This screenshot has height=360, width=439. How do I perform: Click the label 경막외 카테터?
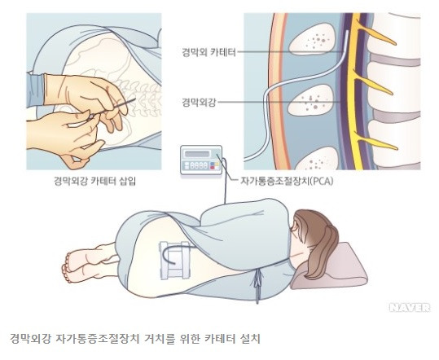209,52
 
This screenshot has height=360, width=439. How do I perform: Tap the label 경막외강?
199,103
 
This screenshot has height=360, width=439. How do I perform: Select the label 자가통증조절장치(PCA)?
287,181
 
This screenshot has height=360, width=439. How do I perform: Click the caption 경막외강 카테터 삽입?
94,181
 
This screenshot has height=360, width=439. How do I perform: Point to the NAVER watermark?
410,308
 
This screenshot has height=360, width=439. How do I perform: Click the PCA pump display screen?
197,154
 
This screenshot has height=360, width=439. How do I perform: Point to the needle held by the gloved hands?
112,109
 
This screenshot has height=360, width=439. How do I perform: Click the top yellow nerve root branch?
376,35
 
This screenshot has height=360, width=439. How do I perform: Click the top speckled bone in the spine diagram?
312,38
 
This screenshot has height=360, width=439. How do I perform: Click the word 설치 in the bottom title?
251,339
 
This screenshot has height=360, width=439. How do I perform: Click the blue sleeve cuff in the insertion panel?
37,90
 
